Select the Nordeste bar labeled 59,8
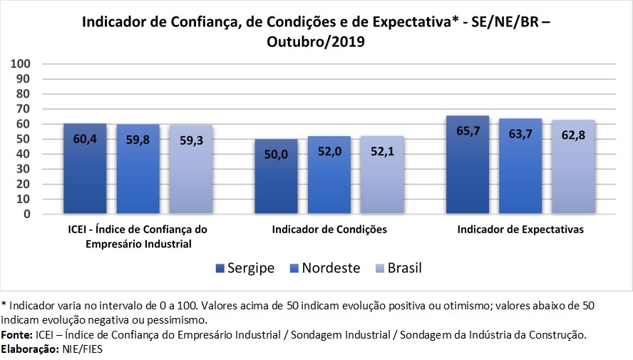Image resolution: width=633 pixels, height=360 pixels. coord(138,170)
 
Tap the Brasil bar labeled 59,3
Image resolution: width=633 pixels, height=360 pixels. coord(191,170)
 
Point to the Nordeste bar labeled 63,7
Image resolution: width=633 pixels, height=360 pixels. coord(520,166)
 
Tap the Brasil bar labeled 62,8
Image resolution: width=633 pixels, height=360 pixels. coord(573,167)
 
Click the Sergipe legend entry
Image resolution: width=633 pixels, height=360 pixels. coord(245,268)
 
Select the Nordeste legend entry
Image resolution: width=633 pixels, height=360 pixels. coord(324,268)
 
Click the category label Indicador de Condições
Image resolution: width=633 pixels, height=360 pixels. coord(329,230)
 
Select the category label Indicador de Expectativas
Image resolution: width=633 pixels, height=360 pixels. coord(520,230)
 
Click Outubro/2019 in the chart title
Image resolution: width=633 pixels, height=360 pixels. coord(316,41)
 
